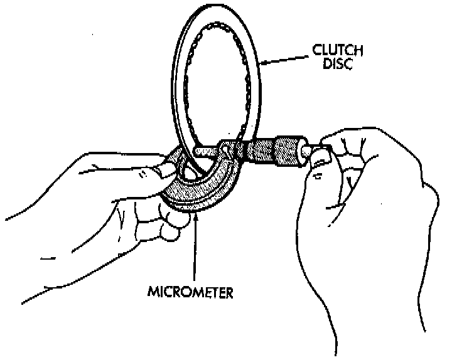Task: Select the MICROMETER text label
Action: tap(191, 293)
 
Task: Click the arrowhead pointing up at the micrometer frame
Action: tap(196, 216)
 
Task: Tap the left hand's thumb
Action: tap(164, 167)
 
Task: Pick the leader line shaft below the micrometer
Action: tap(196, 251)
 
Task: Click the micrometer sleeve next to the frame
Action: tap(239, 151)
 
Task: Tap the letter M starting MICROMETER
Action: tap(153, 293)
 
